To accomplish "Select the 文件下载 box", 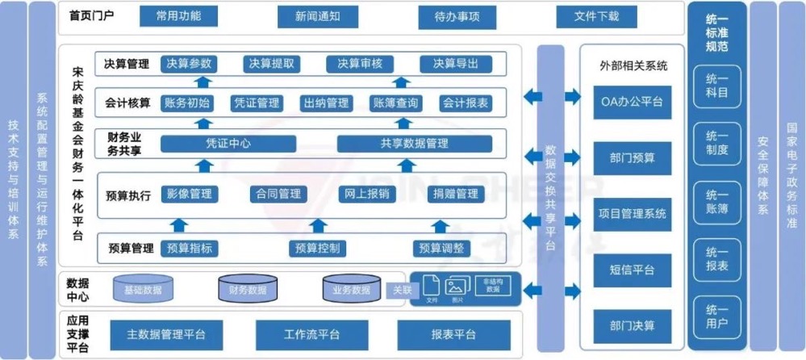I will click(596, 16).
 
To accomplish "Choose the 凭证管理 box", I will click(256, 103).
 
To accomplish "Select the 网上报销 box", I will click(367, 194).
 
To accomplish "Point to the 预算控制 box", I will click(317, 248).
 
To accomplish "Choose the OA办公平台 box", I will click(633, 102).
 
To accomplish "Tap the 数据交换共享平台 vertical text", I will click(550, 198).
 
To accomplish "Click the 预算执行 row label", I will click(127, 195).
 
